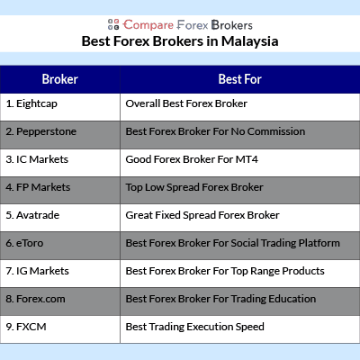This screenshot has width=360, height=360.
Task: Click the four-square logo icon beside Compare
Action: (x=113, y=24)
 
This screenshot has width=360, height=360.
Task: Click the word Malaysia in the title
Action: (x=250, y=41)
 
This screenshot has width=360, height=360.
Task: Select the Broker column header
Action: (x=60, y=79)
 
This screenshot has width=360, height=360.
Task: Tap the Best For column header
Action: (x=240, y=79)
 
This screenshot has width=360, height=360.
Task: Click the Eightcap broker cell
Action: (x=60, y=107)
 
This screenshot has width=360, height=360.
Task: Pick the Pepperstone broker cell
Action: (x=60, y=135)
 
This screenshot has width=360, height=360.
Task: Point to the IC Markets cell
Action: (x=60, y=163)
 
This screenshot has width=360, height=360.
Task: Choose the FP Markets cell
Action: (x=60, y=191)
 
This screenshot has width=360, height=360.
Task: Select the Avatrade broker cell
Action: (x=60, y=218)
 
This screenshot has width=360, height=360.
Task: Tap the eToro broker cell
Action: (x=60, y=246)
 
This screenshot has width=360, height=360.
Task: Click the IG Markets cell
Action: (x=60, y=274)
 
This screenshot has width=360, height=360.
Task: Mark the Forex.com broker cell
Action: (x=60, y=301)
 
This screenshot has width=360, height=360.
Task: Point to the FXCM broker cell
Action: (x=60, y=329)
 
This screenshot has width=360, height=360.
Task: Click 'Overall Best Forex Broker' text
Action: (x=186, y=103)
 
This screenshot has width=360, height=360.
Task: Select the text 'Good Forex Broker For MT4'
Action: (x=192, y=159)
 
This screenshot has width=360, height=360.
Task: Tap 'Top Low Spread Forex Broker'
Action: (x=194, y=187)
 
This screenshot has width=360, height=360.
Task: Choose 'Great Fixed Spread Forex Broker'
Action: (x=202, y=215)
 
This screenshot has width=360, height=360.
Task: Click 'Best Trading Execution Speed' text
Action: (x=195, y=327)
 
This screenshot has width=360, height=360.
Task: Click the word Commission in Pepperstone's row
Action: (x=276, y=131)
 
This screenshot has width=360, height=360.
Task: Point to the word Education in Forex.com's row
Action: (x=292, y=299)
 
